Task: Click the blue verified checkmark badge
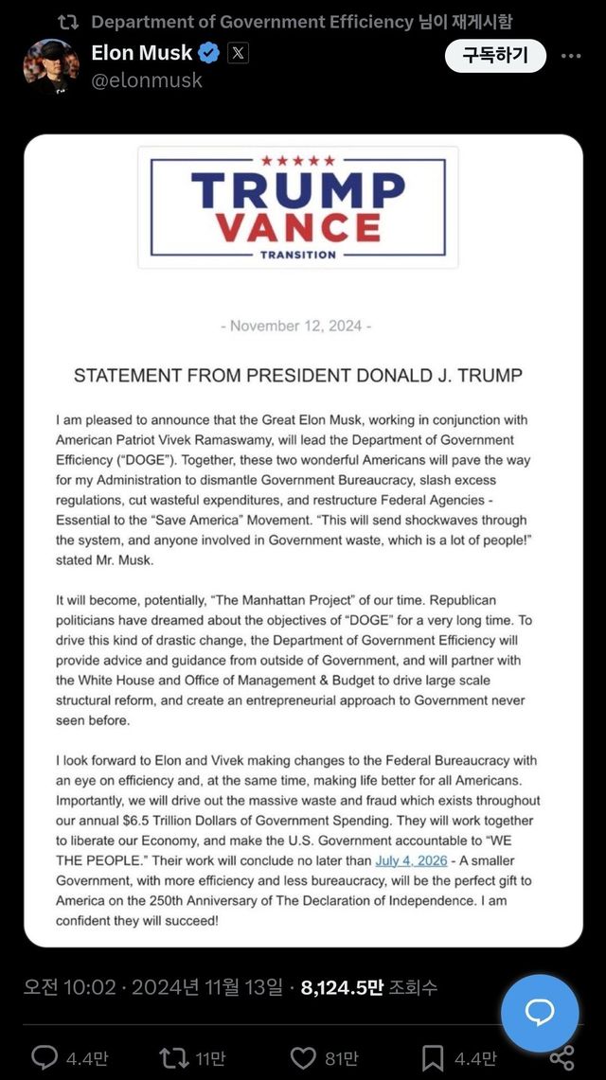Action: point(209,54)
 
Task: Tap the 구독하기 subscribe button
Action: point(495,56)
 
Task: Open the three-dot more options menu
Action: point(571,56)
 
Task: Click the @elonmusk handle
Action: point(147,80)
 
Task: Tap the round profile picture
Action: point(51,66)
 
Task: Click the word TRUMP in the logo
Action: point(297,190)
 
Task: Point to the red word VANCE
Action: point(297,228)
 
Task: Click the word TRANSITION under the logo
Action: point(298,255)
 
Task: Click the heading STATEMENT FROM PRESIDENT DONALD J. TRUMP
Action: point(297,376)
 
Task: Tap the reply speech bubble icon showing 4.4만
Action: point(45,1057)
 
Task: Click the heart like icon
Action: point(302,1057)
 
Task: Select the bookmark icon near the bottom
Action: point(432,1057)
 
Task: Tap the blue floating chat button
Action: point(540,1013)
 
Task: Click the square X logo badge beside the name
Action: point(238,54)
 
